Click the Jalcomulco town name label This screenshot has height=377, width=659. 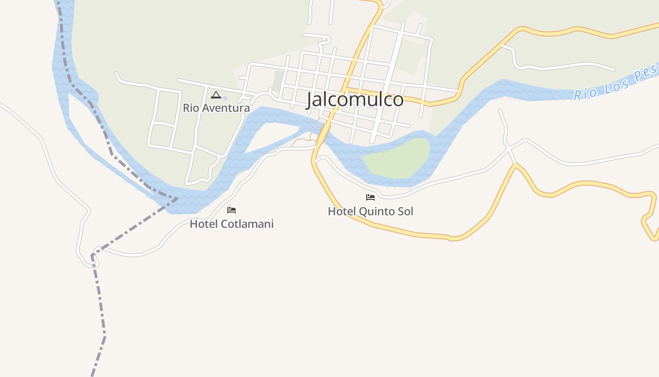click(355, 100)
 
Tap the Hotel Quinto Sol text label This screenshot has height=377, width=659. click(370, 212)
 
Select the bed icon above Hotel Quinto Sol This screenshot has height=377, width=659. click(370, 197)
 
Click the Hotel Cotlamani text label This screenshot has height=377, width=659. click(232, 224)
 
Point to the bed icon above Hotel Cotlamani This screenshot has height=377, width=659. click(232, 210)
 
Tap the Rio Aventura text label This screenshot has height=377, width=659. click(216, 108)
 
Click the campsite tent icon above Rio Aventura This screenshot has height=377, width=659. click(216, 95)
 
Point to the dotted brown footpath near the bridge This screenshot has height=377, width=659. click(304, 139)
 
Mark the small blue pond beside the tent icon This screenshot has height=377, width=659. click(225, 98)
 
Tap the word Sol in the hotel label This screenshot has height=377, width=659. click(405, 212)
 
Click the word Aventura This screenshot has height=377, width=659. click(225, 108)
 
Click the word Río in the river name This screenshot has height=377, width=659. click(584, 92)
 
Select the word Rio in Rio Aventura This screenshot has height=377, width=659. click(191, 108)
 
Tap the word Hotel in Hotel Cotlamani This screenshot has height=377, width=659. click(201, 224)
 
